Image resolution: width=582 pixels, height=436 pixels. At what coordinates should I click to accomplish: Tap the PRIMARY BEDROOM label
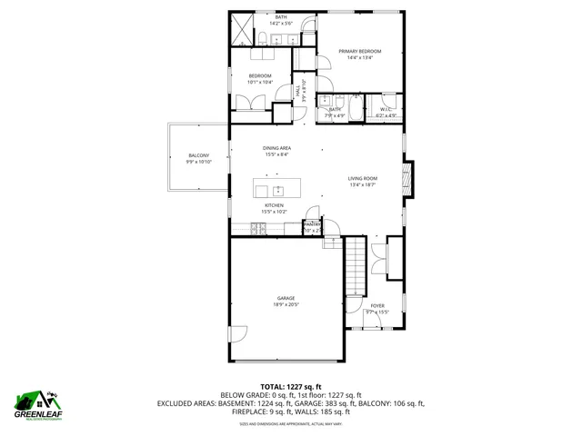click(x=360, y=52)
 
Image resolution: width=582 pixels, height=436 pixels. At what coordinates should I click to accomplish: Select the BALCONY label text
click(x=198, y=155)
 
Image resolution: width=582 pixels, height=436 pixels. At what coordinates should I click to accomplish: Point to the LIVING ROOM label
click(x=362, y=178)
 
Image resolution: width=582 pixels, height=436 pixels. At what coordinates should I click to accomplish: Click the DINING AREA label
click(x=276, y=148)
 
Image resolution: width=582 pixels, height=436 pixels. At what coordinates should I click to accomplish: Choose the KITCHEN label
click(x=275, y=205)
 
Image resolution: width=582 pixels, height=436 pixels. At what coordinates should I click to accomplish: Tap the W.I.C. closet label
click(x=386, y=110)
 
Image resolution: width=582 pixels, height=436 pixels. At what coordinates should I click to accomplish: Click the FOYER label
click(x=376, y=306)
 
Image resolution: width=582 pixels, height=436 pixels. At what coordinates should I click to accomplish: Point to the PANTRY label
click(x=312, y=223)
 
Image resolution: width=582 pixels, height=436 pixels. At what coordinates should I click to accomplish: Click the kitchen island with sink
click(x=276, y=190)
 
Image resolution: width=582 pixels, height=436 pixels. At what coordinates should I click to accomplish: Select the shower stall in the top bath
click(x=241, y=29)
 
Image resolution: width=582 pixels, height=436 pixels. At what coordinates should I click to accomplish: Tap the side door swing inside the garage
click(x=238, y=333)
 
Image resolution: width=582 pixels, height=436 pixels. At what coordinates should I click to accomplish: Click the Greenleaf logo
click(x=37, y=403)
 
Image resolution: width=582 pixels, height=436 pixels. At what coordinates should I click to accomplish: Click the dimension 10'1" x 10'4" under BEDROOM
click(x=260, y=82)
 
